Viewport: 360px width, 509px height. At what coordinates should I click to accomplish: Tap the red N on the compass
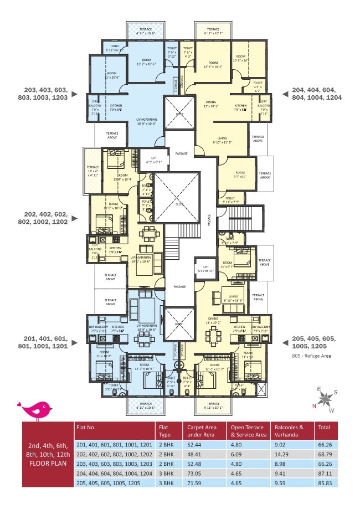click(x=315, y=405)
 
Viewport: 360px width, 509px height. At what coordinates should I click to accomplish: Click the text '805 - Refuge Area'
click(x=311, y=356)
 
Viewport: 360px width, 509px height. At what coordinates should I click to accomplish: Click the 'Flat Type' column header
click(x=164, y=431)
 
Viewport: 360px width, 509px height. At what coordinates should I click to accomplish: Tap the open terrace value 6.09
click(x=237, y=454)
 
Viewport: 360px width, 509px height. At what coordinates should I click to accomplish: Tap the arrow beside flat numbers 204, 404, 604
click(x=285, y=94)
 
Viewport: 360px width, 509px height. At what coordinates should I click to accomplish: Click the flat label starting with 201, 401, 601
click(x=45, y=342)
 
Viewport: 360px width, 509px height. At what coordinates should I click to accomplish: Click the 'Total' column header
click(x=322, y=427)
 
